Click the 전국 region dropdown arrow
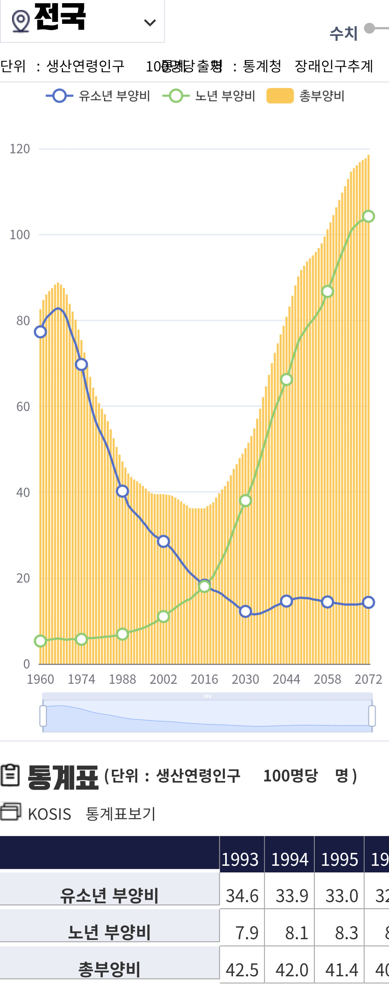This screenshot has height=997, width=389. tap(150, 23)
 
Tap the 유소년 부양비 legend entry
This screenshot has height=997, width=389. tap(98, 96)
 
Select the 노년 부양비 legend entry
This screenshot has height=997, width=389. tap(209, 96)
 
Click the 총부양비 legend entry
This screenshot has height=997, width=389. tap(305, 96)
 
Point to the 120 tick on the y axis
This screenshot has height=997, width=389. tap(20, 149)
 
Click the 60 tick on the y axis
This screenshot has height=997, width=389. tap(23, 407)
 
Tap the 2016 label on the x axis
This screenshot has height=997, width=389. tap(204, 679)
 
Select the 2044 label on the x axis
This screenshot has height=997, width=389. tap(286, 679)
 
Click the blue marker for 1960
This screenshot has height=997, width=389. tap(40, 332)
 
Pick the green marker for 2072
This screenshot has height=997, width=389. tap(368, 216)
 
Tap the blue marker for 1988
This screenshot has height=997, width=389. tap(122, 491)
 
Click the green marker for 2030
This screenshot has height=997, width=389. tap(245, 501)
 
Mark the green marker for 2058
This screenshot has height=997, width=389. tap(327, 292)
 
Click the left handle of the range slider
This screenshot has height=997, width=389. tap(43, 716)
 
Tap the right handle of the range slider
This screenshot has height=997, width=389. tap(372, 716)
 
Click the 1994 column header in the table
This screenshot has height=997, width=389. tap(289, 860)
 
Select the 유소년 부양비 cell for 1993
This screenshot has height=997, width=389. tap(242, 895)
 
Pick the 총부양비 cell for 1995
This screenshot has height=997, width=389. tap(341, 970)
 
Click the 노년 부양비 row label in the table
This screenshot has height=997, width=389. tap(109, 932)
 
